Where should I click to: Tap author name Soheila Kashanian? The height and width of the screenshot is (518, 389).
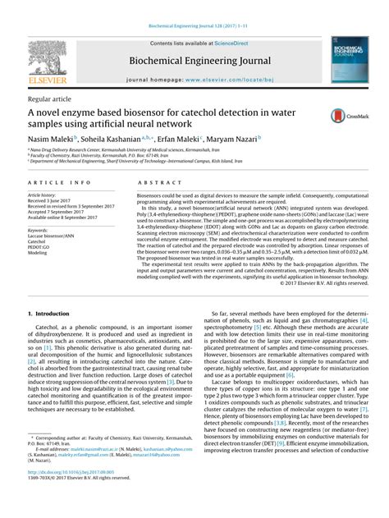pyautogui.click(x=123, y=140)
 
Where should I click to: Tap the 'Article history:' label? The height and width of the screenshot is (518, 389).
pyautogui.click(x=44, y=197)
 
